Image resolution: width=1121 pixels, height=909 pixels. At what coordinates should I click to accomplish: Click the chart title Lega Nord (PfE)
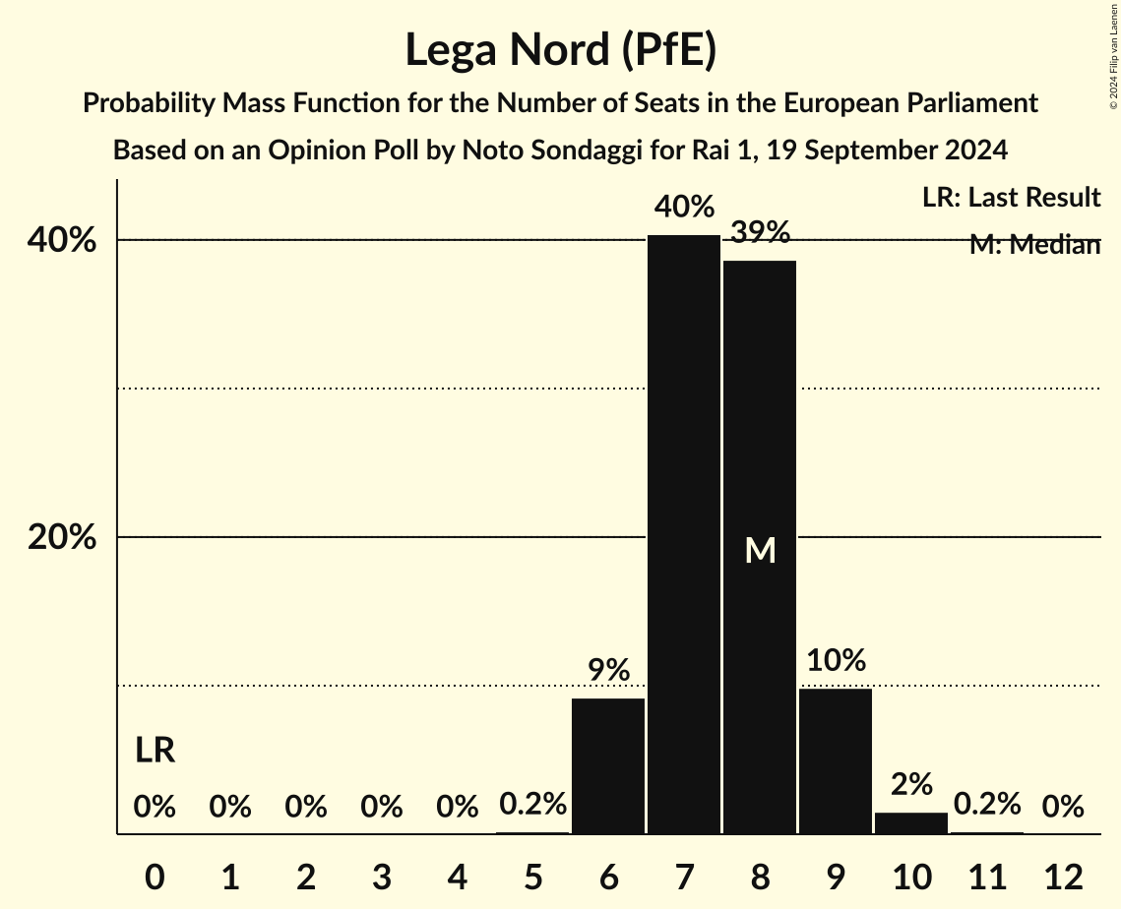tap(560, 50)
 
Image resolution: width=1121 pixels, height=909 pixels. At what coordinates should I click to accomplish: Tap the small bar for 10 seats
tap(911, 822)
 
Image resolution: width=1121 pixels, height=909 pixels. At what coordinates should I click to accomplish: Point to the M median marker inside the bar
tap(760, 551)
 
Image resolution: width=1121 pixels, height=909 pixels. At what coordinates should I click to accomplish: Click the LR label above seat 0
tap(155, 751)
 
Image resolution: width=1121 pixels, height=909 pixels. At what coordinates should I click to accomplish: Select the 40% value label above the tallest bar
tap(684, 208)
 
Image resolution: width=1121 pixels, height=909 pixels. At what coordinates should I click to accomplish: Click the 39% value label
tap(760, 233)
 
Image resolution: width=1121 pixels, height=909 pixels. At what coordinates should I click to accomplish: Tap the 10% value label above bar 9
tap(836, 661)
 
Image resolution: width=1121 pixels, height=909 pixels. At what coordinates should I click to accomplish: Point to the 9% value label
tap(608, 671)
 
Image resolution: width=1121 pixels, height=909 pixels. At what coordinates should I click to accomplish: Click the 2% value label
tap(911, 785)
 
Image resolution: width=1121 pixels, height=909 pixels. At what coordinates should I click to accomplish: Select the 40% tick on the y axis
tap(67, 240)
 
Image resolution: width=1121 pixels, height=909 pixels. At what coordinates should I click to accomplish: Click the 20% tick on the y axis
tap(67, 538)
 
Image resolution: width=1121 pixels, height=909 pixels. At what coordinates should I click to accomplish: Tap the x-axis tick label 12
tap(1063, 877)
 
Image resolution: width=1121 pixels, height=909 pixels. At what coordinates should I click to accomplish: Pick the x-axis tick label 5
tap(532, 877)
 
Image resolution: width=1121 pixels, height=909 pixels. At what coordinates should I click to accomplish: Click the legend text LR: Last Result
tap(1011, 198)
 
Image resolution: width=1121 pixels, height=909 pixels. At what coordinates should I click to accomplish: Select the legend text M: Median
tap(1034, 245)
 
